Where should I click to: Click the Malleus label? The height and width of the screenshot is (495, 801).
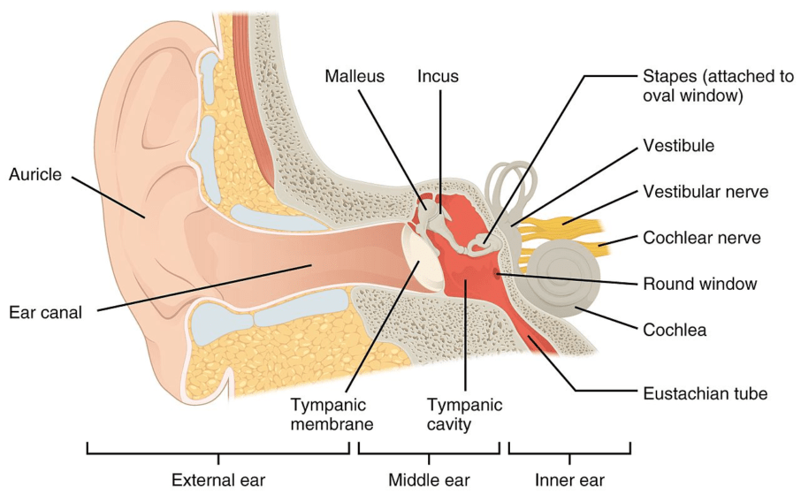[354, 76]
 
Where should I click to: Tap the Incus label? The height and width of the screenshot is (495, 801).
[439, 76]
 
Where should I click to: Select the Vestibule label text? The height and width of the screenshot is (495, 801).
[679, 144]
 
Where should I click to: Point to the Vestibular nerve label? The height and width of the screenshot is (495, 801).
[706, 191]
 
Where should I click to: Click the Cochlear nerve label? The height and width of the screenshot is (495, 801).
[702, 237]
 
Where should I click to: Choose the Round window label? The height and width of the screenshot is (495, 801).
[700, 284]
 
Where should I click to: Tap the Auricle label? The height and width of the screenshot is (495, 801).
[35, 174]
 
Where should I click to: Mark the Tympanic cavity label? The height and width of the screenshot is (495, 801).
[464, 414]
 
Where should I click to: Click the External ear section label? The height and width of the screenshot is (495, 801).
[217, 480]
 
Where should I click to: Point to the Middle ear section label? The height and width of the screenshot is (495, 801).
[429, 480]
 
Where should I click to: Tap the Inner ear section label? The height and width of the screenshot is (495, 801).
[569, 480]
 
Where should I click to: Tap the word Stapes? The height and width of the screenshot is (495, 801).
[664, 77]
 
